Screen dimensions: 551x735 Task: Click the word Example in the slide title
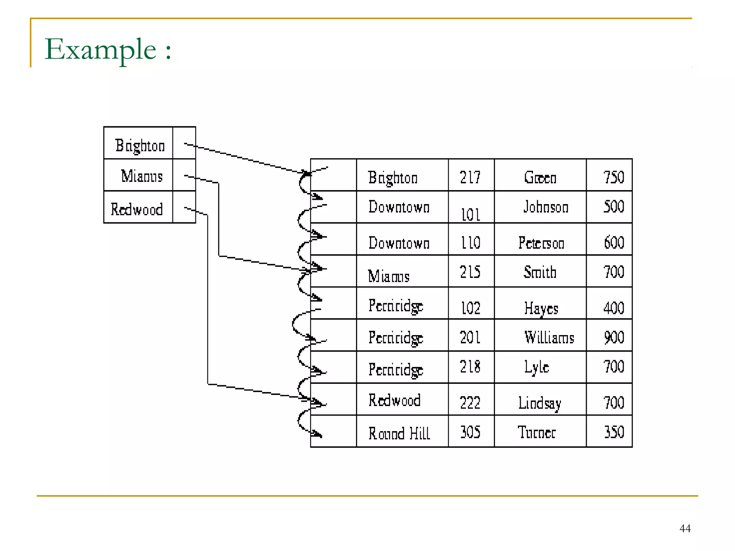(100, 50)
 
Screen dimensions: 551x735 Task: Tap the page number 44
(685, 528)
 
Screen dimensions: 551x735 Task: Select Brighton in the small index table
(140, 146)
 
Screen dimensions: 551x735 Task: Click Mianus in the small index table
(142, 176)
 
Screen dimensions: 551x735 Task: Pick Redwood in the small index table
(137, 209)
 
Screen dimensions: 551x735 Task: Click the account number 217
(470, 177)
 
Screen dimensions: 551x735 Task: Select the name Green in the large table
(540, 177)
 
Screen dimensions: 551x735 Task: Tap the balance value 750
(614, 177)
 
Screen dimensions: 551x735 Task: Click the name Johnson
(546, 207)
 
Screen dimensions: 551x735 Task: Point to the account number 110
(471, 243)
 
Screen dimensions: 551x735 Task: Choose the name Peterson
(541, 243)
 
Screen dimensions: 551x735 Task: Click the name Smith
(540, 272)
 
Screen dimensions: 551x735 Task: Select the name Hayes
(541, 308)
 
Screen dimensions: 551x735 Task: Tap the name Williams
(549, 338)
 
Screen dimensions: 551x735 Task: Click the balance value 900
(614, 338)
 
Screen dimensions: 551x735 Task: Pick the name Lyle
(537, 367)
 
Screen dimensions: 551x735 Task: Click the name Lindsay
(539, 403)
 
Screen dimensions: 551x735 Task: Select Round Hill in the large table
(399, 433)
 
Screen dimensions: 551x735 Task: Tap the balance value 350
(614, 432)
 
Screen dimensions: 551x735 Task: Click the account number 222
(470, 403)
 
